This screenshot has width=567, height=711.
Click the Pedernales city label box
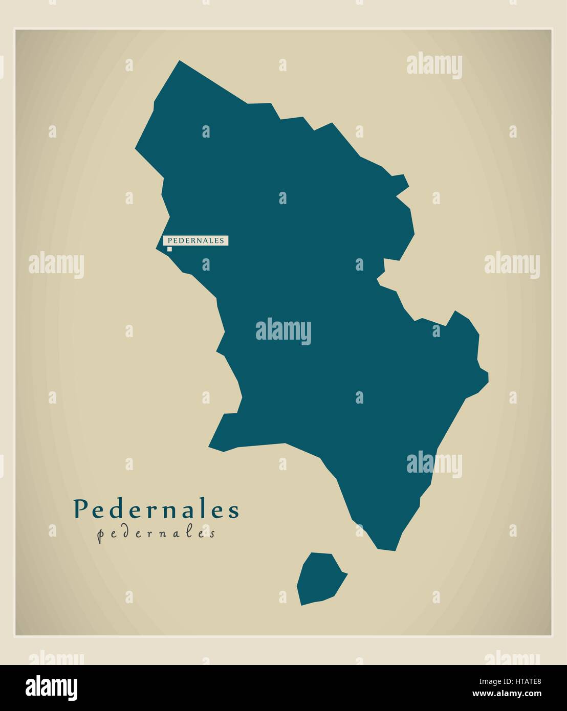pos(195,240)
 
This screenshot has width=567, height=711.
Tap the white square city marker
pos(169,249)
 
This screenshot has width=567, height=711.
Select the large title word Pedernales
pos(157,509)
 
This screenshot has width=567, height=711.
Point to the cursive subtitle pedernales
pos(156,534)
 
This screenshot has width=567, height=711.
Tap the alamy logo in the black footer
pos(52,686)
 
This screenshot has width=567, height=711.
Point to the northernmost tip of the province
pos(179,61)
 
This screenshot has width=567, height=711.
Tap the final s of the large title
pos(234,511)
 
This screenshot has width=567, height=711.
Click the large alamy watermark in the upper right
pos(434,66)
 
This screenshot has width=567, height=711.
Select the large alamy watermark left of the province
pos(56,264)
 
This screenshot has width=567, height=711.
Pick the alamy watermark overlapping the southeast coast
pos(434,464)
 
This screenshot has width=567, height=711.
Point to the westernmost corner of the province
pos(136,149)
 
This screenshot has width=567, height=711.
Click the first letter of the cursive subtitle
pos(101,535)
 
